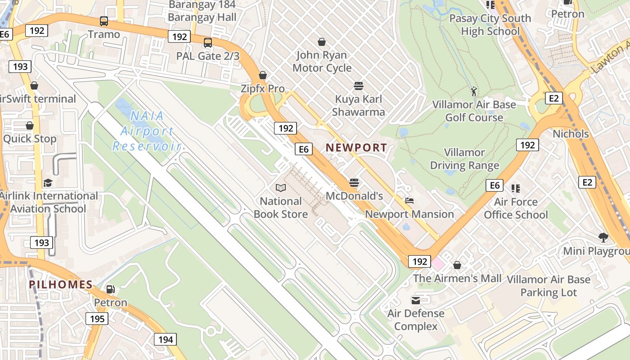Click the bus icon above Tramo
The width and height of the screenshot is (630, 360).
tap(104, 21)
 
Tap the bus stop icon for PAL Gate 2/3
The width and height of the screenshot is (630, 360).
tap(207, 43)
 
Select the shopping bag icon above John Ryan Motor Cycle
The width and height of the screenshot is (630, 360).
tap(322, 42)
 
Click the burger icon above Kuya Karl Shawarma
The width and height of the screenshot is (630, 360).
tap(359, 85)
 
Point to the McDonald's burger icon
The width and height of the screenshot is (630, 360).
tap(354, 183)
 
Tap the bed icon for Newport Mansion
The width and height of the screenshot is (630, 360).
tap(409, 201)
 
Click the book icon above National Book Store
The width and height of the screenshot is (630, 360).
tap(281, 188)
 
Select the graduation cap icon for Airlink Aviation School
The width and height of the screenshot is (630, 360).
tap(48, 183)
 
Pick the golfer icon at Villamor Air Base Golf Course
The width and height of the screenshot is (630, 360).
tap(474, 92)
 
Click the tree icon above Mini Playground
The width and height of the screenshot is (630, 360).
tap(603, 237)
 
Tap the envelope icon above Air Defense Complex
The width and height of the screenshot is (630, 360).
tap(416, 300)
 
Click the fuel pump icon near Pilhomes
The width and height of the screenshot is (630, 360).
tap(110, 289)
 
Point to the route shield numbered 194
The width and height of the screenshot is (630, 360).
tap(165, 339)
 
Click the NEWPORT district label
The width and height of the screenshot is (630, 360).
tap(356, 148)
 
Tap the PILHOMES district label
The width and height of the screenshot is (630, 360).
tap(61, 284)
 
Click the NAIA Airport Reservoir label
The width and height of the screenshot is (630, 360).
tap(147, 131)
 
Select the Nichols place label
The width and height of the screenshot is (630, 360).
tap(571, 134)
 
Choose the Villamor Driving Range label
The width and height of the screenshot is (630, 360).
tap(464, 159)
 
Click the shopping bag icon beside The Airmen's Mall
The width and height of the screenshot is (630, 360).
tap(457, 265)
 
